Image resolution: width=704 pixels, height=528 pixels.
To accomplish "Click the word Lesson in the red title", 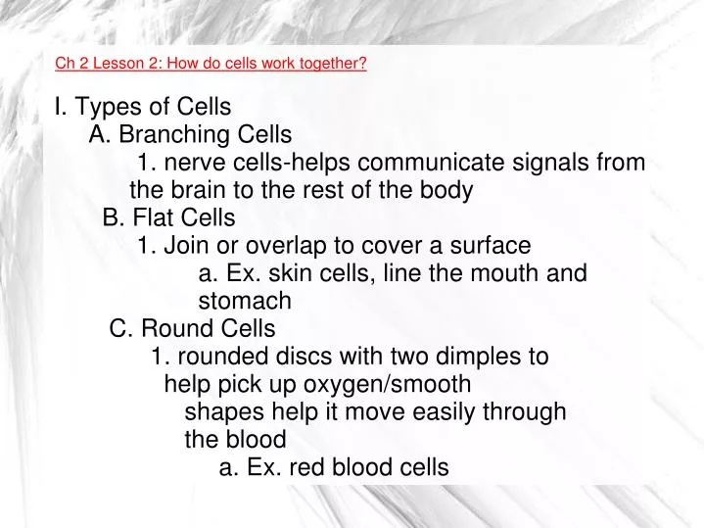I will coord(121,66).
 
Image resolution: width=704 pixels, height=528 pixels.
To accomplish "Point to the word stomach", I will coord(245,301).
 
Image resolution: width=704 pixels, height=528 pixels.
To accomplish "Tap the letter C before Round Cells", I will coord(120,328).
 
